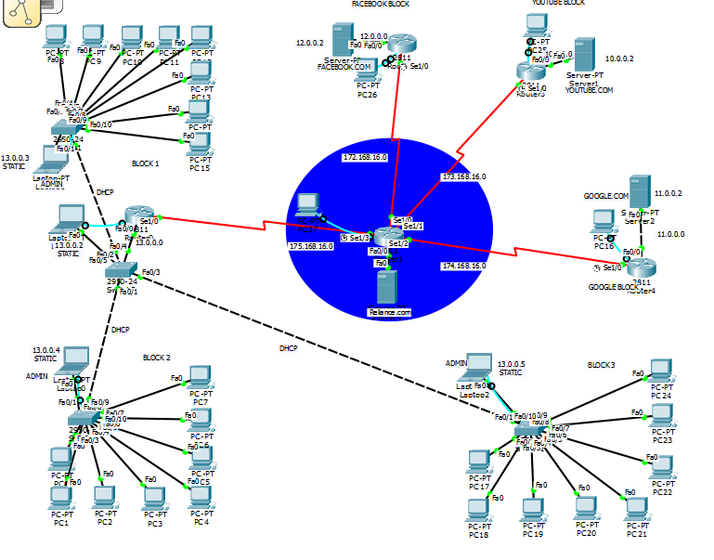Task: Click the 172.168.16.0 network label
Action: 365,158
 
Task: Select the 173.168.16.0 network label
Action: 463,176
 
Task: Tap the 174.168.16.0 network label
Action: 463,266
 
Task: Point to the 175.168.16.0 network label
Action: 312,246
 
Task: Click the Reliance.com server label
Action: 388,312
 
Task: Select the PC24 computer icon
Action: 661,371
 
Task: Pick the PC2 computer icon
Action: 105,498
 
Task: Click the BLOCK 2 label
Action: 156,358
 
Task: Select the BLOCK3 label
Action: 601,365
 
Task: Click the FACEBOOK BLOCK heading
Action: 380,5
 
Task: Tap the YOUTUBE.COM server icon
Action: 584,54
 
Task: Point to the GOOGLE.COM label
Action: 605,196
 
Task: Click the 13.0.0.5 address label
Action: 511,365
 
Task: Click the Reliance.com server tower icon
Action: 388,285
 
